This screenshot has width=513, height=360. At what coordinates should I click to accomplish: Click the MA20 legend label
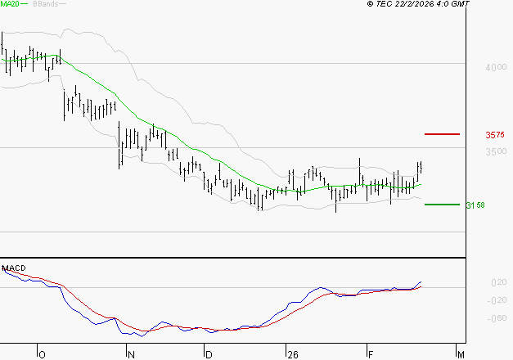click(x=11, y=4)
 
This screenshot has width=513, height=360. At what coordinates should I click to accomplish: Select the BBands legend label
click(x=44, y=4)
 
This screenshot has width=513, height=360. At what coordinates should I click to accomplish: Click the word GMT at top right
click(x=461, y=4)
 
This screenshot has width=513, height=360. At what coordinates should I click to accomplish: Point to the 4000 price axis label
click(x=494, y=68)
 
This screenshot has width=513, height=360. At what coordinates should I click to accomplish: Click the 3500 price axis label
click(x=494, y=152)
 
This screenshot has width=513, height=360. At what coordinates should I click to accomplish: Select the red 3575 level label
click(x=494, y=135)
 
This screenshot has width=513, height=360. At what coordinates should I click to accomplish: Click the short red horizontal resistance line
click(x=443, y=133)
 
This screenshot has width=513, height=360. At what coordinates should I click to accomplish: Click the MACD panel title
click(x=14, y=268)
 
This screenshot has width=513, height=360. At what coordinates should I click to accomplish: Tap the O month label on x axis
click(x=42, y=354)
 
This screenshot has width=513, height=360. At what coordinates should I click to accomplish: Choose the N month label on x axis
click(x=130, y=354)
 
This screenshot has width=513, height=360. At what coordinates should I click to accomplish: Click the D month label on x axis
click(x=209, y=354)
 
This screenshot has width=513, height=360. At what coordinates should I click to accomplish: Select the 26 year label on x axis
click(x=291, y=354)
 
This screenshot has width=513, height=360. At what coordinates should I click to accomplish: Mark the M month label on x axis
click(x=461, y=354)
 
